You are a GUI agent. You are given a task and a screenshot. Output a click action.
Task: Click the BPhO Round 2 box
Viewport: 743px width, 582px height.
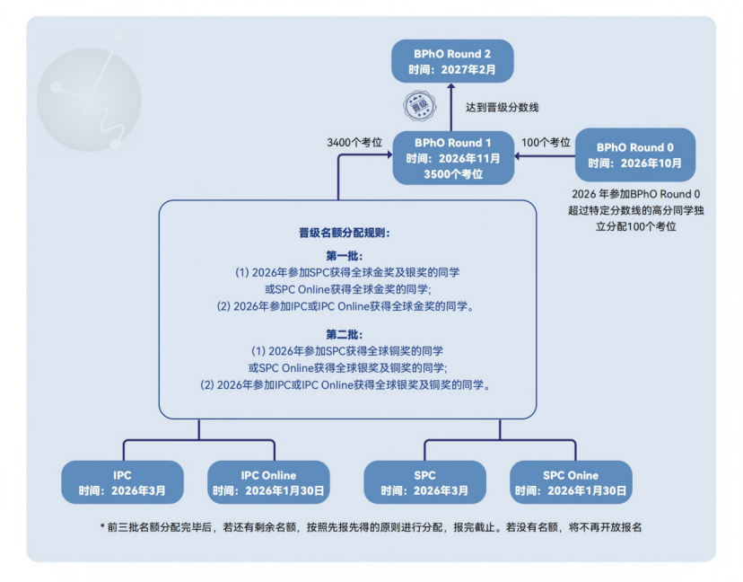(x=452, y=61)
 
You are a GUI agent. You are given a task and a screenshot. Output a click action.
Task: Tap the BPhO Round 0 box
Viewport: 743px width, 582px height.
(x=634, y=154)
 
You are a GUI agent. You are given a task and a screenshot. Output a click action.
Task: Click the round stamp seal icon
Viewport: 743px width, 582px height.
(x=419, y=105)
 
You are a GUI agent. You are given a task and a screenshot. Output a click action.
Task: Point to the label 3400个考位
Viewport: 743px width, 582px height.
(x=354, y=142)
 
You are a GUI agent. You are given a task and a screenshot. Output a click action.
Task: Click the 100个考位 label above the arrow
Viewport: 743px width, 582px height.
(x=546, y=142)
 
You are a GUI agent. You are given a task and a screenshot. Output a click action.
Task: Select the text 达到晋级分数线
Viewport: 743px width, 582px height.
(x=502, y=107)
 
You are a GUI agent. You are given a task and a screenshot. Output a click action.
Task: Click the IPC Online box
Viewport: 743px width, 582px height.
(x=268, y=482)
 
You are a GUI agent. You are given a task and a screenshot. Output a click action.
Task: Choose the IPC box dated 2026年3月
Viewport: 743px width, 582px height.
(x=122, y=482)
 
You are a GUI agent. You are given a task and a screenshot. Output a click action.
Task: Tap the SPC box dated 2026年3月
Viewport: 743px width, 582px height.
(x=424, y=482)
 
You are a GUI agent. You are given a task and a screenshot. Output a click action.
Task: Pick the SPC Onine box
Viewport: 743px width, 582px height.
(x=571, y=482)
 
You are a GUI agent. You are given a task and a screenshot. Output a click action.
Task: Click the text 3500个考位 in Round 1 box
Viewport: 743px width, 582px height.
(x=452, y=174)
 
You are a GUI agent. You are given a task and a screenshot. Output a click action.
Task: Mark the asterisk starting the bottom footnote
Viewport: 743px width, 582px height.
(x=102, y=528)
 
